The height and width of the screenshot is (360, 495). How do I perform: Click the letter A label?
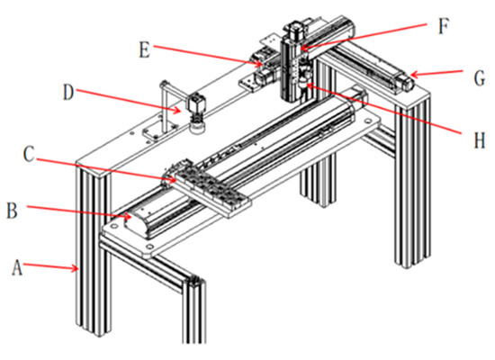pos(17,265)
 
